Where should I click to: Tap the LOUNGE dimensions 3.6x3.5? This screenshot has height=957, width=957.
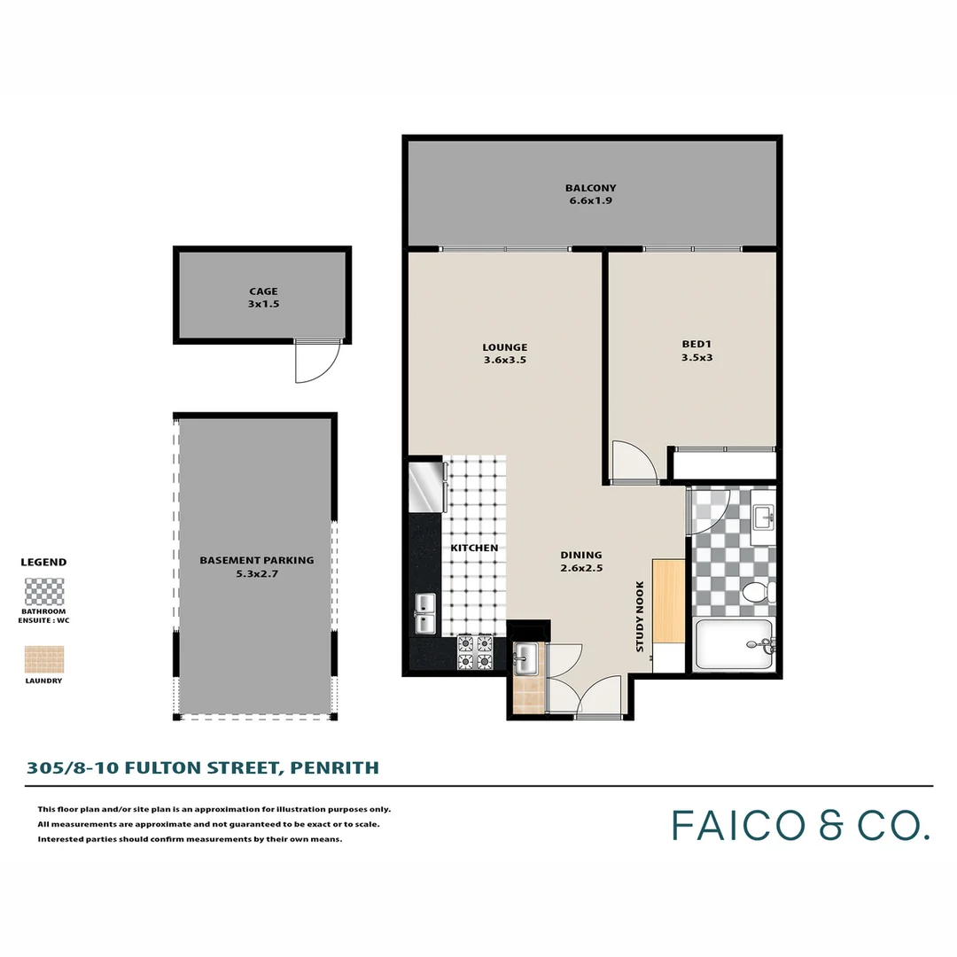coord(505,361)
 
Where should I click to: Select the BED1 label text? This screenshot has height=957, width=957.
coord(696,344)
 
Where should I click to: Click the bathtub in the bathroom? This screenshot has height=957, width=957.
coord(734,645)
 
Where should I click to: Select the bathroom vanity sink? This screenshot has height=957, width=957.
coord(762,517)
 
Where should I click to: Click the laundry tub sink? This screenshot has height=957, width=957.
coord(526,657)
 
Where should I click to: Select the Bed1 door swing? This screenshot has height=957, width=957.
coord(633,461)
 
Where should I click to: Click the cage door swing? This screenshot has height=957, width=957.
coord(317,362)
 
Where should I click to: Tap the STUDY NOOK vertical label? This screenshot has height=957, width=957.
coord(640,617)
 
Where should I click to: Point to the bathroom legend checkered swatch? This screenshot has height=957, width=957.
coord(43,591)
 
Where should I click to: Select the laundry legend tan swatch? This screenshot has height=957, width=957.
coord(43,660)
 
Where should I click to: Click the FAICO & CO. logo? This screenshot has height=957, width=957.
coord(801,825)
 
